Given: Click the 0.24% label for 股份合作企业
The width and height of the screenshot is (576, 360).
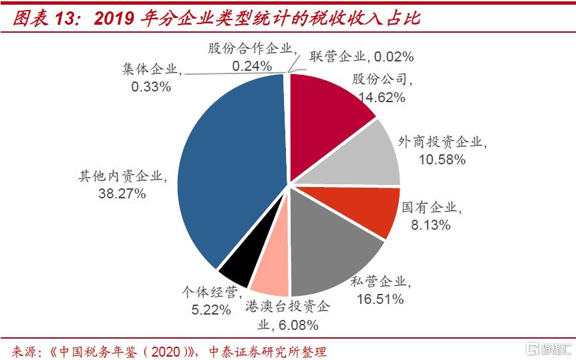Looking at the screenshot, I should point(251,65).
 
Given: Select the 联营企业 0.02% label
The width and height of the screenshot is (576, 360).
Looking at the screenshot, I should point(362,56).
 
